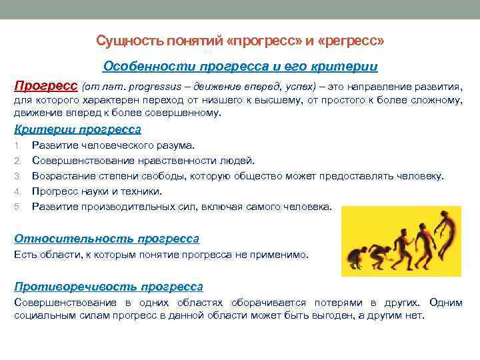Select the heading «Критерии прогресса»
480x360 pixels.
click(x=77, y=129)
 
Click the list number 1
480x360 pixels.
click(x=17, y=145)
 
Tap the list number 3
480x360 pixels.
click(x=17, y=176)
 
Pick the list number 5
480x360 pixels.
click(x=17, y=207)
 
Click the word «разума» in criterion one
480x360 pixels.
click(x=175, y=145)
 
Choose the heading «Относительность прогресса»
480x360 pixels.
click(x=107, y=239)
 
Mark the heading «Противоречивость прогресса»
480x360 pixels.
click(x=109, y=287)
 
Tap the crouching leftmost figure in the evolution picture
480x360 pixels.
click(x=356, y=256)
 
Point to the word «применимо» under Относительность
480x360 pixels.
click(x=285, y=255)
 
